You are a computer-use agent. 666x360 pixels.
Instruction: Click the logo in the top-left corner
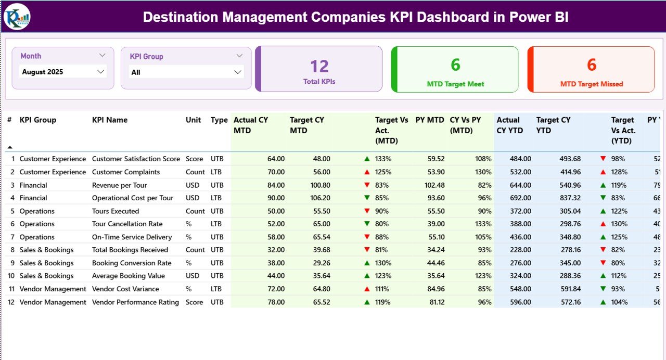[17, 17]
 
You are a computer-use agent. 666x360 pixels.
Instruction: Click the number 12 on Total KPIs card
[319, 66]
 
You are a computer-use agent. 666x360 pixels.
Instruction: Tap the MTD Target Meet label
[455, 84]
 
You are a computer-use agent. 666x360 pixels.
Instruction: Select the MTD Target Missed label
[592, 84]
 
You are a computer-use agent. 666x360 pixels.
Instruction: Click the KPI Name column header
[110, 120]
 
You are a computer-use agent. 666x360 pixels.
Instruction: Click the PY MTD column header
[429, 120]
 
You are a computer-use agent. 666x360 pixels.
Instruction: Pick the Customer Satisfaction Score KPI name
[136, 159]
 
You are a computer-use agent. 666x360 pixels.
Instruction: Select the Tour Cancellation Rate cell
[127, 224]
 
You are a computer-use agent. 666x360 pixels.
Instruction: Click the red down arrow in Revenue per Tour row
[367, 185]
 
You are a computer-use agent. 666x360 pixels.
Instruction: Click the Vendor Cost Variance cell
[125, 289]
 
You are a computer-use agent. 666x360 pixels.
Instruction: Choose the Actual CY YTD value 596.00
[520, 302]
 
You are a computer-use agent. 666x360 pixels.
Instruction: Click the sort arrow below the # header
[9, 147]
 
